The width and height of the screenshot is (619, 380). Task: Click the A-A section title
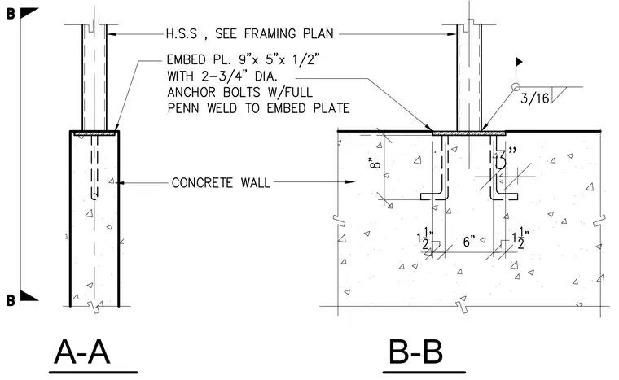(82, 352)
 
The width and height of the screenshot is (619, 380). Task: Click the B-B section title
(415, 352)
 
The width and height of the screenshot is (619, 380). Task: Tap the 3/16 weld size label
(534, 98)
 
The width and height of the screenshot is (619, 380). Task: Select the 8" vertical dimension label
(375, 163)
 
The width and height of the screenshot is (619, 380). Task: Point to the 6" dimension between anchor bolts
(468, 241)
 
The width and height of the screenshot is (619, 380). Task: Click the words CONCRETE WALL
(221, 183)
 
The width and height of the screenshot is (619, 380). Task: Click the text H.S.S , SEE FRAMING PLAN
(249, 34)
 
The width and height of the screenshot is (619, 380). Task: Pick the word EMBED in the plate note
(186, 59)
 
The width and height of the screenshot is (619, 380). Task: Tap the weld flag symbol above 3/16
(519, 62)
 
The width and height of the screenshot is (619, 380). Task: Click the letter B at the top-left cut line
(11, 14)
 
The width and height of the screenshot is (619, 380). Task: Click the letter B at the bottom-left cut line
(11, 300)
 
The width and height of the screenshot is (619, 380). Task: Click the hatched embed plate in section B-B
(469, 133)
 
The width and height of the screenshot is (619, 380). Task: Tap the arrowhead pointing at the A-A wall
(121, 183)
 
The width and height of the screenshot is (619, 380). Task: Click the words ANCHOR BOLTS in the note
(213, 92)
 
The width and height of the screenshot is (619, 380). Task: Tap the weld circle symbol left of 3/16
(516, 87)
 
